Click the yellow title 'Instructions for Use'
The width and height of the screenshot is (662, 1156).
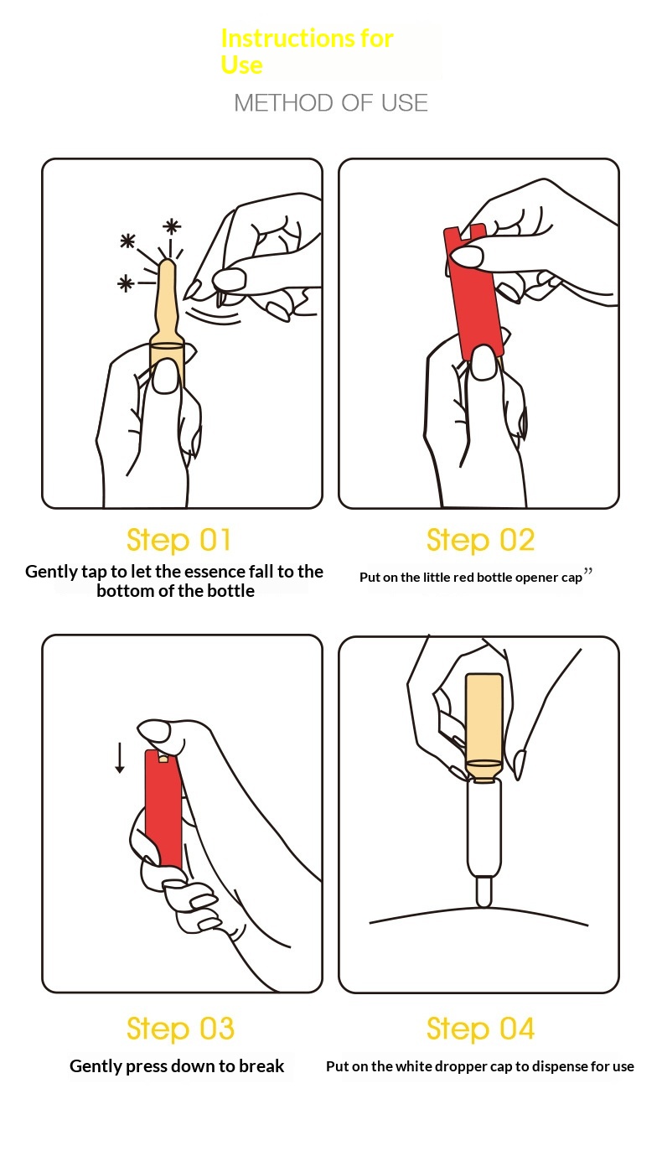[x=307, y=52]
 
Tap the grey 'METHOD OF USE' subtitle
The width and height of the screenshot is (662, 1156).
[x=331, y=103]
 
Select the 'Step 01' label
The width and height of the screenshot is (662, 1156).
[x=178, y=541]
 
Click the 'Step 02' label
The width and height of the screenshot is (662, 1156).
[x=480, y=541]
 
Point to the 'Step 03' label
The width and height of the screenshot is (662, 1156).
[x=180, y=1029]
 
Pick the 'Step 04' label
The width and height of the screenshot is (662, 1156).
[x=480, y=1029]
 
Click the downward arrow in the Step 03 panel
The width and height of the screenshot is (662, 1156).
[x=120, y=758]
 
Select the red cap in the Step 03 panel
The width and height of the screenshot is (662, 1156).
[x=163, y=811]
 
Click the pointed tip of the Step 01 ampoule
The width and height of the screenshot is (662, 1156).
[x=167, y=262]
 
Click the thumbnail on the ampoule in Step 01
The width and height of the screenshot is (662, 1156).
[x=166, y=376]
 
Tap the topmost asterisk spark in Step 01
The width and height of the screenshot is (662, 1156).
[x=172, y=226]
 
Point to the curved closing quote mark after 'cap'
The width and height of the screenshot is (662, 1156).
[x=587, y=571]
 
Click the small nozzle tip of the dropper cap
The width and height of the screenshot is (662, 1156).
[x=484, y=891]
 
